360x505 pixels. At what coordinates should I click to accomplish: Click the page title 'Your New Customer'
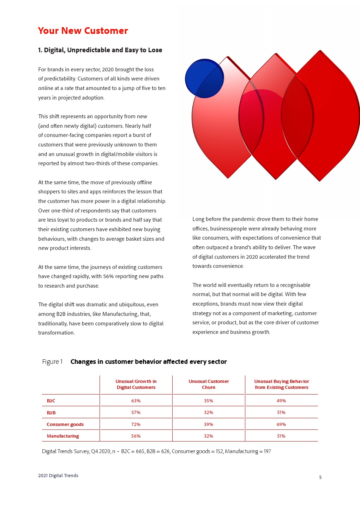[83, 31]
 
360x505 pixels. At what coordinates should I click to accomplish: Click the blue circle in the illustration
[204, 78]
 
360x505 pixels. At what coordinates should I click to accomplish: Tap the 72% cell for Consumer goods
[136, 424]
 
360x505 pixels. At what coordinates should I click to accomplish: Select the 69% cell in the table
[281, 424]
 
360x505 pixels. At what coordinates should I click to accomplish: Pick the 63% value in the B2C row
[136, 401]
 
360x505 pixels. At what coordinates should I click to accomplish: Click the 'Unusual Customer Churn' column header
[209, 384]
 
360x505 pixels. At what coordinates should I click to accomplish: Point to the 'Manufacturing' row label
[63, 436]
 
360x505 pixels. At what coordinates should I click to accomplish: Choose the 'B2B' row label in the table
[51, 413]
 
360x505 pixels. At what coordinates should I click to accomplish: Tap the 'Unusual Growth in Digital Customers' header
[136, 384]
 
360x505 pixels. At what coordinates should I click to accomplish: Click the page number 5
[320, 477]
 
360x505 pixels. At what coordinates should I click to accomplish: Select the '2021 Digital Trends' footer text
[58, 475]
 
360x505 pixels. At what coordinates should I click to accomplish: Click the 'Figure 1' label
[52, 362]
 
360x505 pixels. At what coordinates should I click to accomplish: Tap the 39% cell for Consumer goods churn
[209, 424]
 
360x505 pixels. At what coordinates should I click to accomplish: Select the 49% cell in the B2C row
[281, 401]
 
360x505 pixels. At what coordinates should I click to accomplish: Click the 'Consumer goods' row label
[65, 424]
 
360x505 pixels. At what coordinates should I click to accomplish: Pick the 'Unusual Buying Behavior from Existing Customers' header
[282, 384]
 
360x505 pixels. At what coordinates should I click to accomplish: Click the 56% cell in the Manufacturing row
[136, 436]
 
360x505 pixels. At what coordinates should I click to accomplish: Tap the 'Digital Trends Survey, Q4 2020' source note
[156, 451]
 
